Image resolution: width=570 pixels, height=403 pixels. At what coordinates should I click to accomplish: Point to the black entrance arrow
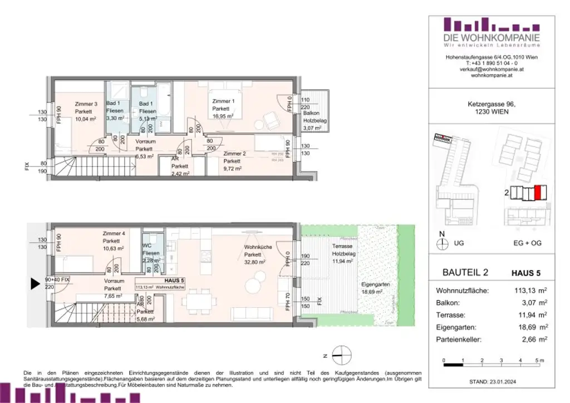[x=35, y=284]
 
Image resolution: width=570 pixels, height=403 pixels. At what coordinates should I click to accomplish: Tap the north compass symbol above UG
[x=443, y=243]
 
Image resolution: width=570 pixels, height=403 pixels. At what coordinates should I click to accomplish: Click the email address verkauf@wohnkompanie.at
[x=484, y=70]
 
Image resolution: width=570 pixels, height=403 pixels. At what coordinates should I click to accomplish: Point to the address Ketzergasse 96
[x=484, y=104]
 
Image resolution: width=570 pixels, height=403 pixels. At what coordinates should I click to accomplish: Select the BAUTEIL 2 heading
[x=465, y=272]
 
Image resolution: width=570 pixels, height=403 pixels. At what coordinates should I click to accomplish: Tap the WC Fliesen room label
[x=151, y=253]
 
